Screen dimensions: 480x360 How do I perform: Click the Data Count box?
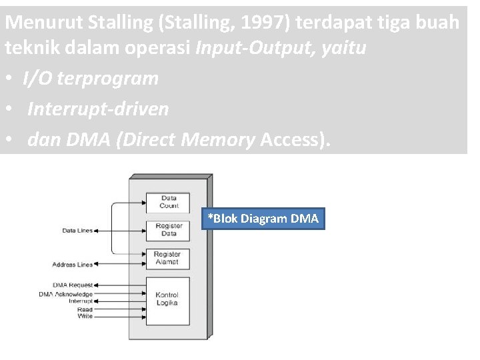169,202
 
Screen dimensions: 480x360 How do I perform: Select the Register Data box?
169,230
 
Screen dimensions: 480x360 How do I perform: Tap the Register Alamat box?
167,259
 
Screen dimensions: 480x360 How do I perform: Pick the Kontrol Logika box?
167,299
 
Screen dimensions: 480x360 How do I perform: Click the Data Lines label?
77,231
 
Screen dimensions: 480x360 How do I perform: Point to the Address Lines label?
73,265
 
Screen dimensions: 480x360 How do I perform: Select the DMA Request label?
73,285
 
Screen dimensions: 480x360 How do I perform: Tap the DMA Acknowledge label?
65,293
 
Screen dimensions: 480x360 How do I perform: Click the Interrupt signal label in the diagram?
81,301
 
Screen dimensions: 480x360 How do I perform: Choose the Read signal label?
85,309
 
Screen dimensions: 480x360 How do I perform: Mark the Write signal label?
85,316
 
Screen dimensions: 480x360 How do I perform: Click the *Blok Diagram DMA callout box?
263,219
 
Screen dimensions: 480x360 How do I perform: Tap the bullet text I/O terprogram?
91,79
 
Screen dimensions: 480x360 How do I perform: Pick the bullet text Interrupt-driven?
98,109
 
